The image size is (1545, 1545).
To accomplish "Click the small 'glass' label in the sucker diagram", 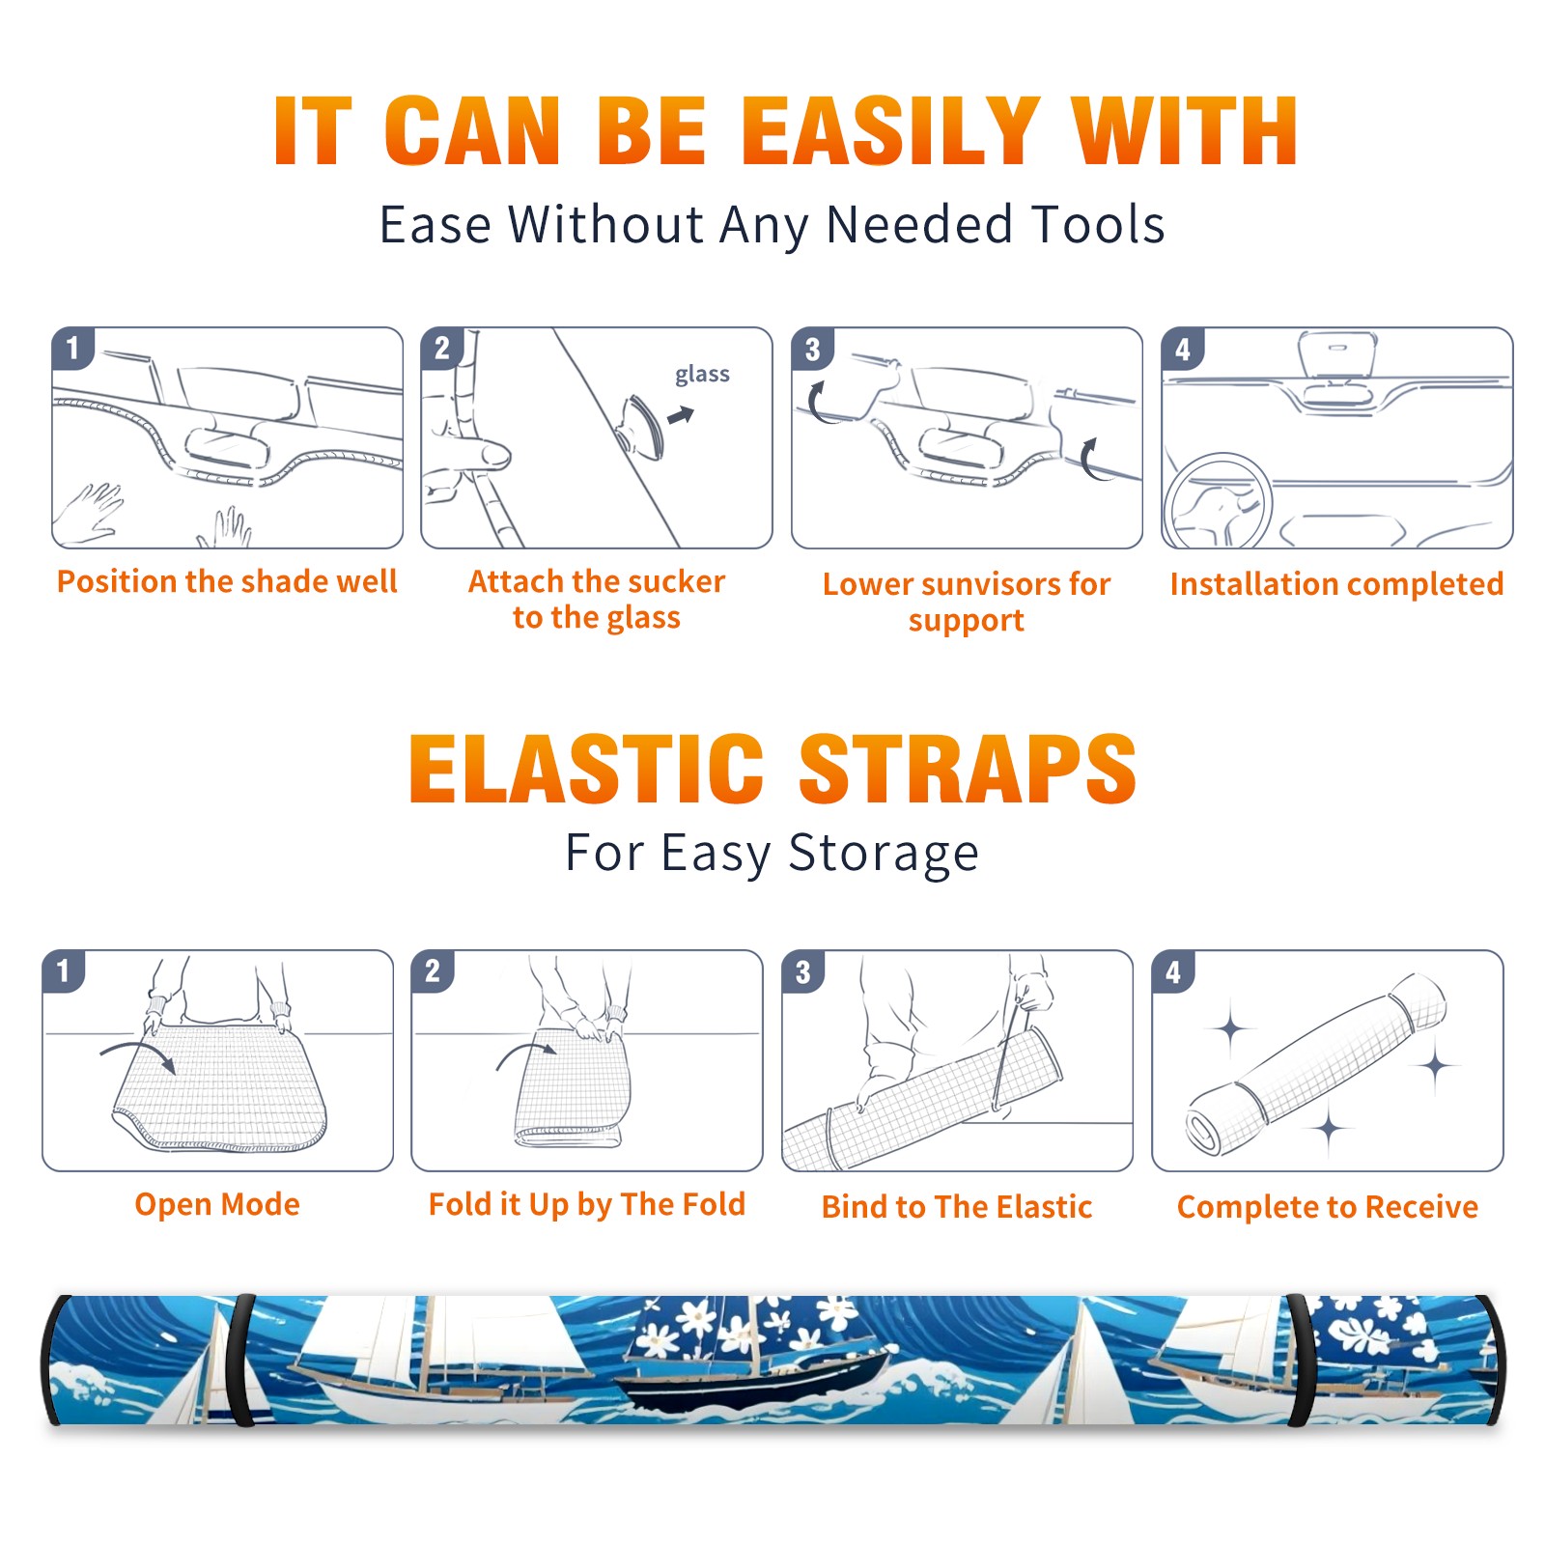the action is pyautogui.click(x=702, y=375).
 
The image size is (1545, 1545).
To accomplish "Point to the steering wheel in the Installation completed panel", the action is pyautogui.click(x=1218, y=501).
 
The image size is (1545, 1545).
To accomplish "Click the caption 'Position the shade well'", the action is pyautogui.click(x=227, y=581).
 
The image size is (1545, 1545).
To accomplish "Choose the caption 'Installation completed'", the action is pyautogui.click(x=1336, y=584).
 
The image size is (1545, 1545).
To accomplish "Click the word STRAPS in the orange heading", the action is pyautogui.click(x=968, y=769).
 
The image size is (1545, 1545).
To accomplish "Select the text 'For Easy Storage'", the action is pyautogui.click(x=772, y=853).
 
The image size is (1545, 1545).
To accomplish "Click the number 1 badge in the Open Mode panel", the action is pyautogui.click(x=64, y=971).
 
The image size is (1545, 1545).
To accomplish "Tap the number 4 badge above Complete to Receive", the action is pyautogui.click(x=1173, y=971).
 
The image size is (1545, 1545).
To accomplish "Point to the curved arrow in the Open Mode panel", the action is pyautogui.click(x=138, y=1050).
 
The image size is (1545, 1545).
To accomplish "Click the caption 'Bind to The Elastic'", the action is pyautogui.click(x=957, y=1207).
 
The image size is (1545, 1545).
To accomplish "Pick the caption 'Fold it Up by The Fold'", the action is pyautogui.click(x=587, y=1204).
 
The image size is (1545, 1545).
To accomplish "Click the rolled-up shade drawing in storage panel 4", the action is pyautogui.click(x=1316, y=1064).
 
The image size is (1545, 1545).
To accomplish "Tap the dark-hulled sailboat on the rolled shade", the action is pyautogui.click(x=753, y=1371).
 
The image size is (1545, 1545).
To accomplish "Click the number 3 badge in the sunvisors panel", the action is pyautogui.click(x=812, y=349).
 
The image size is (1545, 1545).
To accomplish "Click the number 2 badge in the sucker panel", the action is pyautogui.click(x=442, y=349).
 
